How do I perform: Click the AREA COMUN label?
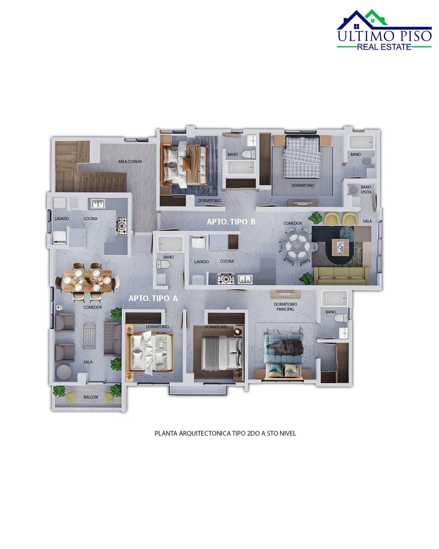[130, 161]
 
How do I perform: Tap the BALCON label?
[91, 397]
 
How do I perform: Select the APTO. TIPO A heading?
[153, 298]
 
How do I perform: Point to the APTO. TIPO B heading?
[231, 222]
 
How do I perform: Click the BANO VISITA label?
[366, 189]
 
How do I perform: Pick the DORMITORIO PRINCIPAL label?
[286, 307]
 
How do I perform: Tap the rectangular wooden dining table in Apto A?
[87, 281]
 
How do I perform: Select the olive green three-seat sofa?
[341, 276]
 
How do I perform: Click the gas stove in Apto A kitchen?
[122, 226]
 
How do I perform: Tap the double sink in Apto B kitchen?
[245, 279]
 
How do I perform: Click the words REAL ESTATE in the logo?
[384, 47]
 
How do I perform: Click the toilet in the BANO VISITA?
[354, 190]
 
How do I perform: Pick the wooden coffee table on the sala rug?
[340, 247]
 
